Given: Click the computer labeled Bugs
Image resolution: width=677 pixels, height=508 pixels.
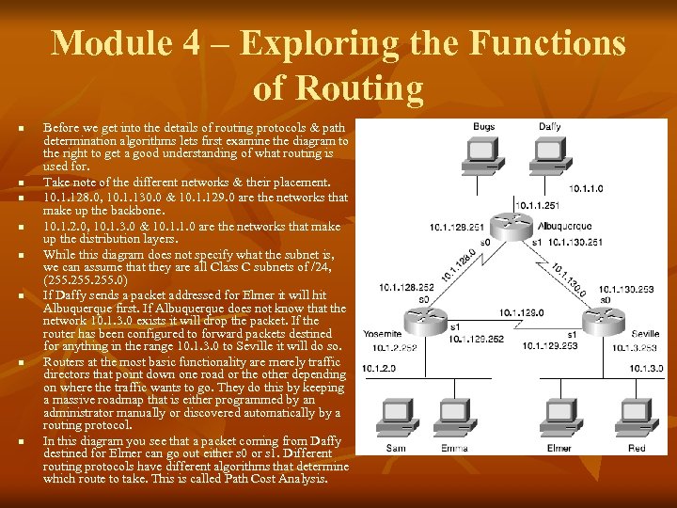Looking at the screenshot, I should pos(483,154).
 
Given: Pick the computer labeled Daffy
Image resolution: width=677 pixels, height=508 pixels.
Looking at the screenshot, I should pos(550,154).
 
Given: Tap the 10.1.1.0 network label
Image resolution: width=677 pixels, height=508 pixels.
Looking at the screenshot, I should pos(586,187).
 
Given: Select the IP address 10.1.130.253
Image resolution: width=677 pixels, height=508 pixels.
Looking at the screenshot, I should pos(625,290).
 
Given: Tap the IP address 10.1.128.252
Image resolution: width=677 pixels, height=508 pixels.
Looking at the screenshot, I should pos(406,288).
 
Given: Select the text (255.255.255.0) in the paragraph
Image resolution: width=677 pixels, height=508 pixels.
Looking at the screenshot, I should pos(85,279).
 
